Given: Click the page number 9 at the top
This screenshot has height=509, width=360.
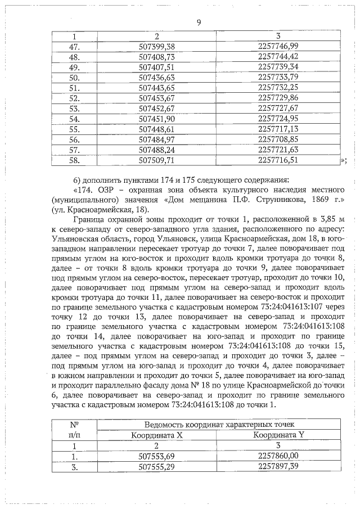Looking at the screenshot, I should [199, 22].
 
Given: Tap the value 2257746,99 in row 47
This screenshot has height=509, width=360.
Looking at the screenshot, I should [277, 47].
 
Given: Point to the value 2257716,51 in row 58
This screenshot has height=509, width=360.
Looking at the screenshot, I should [277, 160].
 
